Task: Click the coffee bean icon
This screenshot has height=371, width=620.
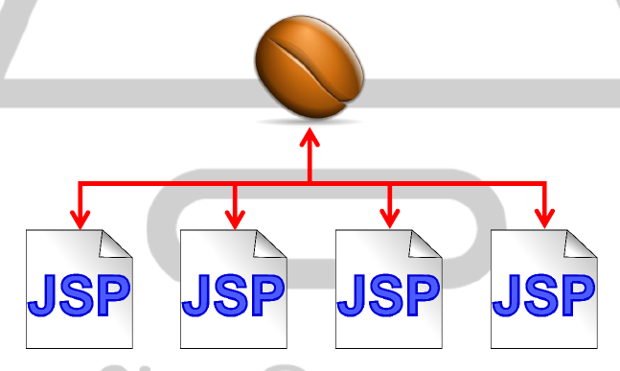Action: (310, 68)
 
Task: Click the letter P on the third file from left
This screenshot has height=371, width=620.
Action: (421, 293)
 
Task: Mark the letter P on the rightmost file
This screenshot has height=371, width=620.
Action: (575, 293)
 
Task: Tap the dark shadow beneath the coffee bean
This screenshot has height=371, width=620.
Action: (309, 121)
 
